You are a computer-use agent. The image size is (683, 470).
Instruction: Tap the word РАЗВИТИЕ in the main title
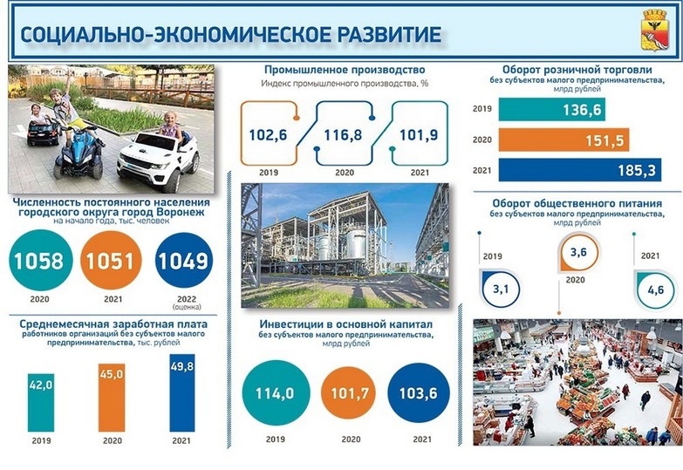(x=390, y=34)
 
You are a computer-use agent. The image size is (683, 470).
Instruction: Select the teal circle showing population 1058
(x=40, y=260)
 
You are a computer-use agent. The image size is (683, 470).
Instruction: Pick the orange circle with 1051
(x=111, y=260)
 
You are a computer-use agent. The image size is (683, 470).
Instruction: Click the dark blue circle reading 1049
(x=184, y=260)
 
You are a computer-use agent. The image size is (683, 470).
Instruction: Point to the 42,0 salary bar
(x=41, y=402)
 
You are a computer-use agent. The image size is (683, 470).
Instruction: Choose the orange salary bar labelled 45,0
(x=112, y=398)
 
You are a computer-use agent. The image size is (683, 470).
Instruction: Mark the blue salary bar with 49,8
(x=182, y=392)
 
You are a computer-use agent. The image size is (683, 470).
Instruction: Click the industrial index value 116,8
(x=343, y=135)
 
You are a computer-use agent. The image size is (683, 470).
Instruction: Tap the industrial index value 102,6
(x=269, y=135)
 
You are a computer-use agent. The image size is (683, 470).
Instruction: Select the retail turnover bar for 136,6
(x=551, y=109)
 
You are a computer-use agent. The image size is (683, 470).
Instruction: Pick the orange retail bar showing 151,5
(x=563, y=140)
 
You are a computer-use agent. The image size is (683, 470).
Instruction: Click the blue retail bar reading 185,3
(x=580, y=170)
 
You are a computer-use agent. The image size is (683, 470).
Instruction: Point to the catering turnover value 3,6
(x=578, y=252)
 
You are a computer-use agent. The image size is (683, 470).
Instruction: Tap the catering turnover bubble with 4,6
(x=655, y=289)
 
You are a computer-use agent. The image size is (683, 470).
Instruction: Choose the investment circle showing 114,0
(x=276, y=392)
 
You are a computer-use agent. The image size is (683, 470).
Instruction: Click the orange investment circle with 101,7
(x=350, y=393)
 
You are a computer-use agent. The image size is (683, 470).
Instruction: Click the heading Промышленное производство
(x=345, y=70)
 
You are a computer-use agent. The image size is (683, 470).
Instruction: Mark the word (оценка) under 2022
(x=187, y=307)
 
